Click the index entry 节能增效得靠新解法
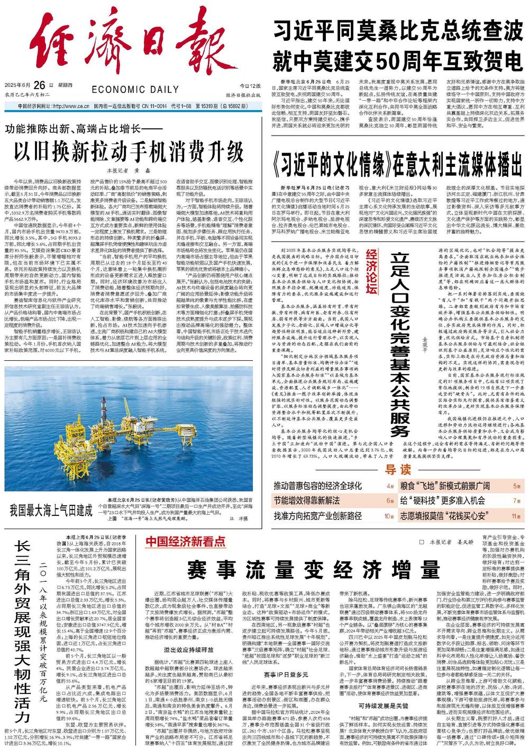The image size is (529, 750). pos(306,501)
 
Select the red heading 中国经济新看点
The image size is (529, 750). pos(186,541)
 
